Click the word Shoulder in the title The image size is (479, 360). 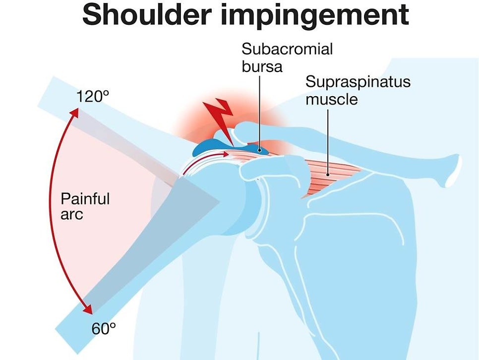[147, 15]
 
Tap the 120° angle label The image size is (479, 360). [93, 96]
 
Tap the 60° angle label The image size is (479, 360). [104, 329]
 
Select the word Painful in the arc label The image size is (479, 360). [85, 199]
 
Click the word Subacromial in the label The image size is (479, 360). [287, 49]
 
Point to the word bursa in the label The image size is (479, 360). [262, 66]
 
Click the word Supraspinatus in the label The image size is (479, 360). [358, 82]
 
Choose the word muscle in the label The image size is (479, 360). [332, 99]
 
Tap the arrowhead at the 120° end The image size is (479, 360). [74, 113]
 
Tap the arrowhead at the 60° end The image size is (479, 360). [88, 309]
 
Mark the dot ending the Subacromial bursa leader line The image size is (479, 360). [260, 150]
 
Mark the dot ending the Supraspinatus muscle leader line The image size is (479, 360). [328, 175]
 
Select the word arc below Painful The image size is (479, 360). [71, 215]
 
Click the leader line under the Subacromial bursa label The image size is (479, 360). [260, 112]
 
